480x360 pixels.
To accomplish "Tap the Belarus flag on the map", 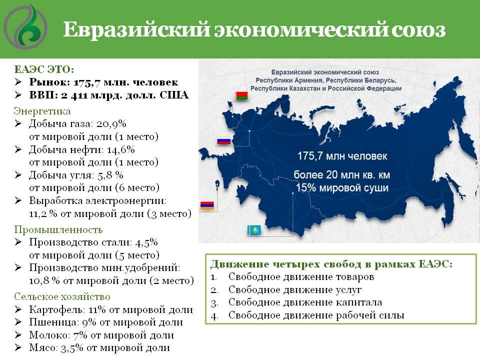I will [x=242, y=97].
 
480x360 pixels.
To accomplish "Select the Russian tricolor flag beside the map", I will [x=223, y=141].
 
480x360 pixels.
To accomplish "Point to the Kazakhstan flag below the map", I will [x=254, y=230].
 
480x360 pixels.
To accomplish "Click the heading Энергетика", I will [x=42, y=110].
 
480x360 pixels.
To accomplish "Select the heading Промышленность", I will [x=58, y=229].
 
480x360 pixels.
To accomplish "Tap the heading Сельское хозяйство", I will [x=62, y=296].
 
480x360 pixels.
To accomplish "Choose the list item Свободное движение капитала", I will [x=305, y=302].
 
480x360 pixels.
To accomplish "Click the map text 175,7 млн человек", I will [x=341, y=156].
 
